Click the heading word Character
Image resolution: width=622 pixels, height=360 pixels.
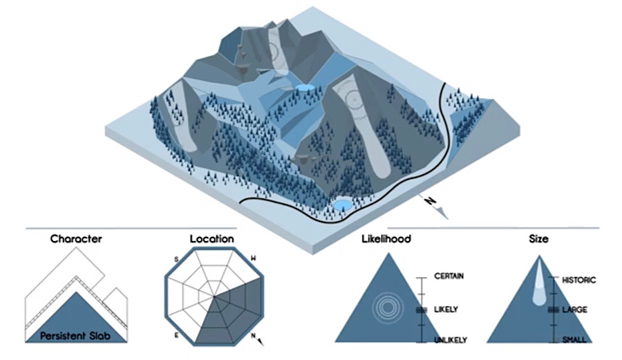[x=76, y=240]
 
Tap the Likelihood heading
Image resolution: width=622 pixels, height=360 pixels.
[x=386, y=240]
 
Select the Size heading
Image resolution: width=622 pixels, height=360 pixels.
[x=538, y=240]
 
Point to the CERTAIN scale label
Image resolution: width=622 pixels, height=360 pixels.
[x=449, y=276]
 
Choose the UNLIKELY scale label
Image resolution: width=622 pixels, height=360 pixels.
[x=451, y=339]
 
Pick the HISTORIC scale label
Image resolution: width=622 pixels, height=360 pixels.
[x=579, y=280]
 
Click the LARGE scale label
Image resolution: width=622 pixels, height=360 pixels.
[x=575, y=310]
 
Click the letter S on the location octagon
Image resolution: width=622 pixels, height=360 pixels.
[x=176, y=259]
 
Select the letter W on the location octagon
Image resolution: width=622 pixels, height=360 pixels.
[x=254, y=258]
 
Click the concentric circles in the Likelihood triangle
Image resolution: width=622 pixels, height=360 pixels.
[x=386, y=308]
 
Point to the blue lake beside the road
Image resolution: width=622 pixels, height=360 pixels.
[x=341, y=206]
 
